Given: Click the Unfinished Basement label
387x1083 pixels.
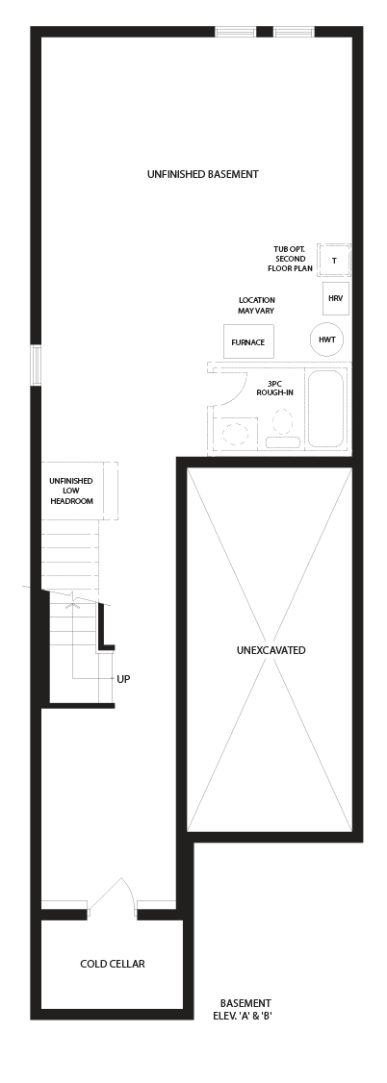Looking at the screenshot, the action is tap(202, 174).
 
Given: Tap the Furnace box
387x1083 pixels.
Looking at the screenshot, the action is tap(248, 341).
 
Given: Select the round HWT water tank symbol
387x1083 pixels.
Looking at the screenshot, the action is tap(327, 340).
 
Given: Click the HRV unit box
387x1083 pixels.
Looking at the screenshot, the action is tap(336, 298).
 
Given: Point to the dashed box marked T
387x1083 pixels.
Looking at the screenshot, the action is tap(334, 261).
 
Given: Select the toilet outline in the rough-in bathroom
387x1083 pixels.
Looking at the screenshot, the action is tap(283, 429).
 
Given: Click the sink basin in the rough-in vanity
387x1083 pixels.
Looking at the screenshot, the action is tap(236, 434).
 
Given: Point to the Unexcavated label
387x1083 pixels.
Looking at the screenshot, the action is tap(271, 650).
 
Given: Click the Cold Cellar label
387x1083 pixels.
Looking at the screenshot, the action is tap(113, 964).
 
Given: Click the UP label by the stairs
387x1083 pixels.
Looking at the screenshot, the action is tap(123, 679).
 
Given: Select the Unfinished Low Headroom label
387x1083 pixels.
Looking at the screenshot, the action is tap(71, 491).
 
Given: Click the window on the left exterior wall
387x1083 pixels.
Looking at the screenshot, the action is tap(36, 365).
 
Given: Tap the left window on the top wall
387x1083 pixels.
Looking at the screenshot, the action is tap(236, 32).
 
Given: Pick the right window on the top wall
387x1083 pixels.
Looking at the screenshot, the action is tap(294, 32).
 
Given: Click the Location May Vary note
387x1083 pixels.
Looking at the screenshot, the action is tap(256, 305).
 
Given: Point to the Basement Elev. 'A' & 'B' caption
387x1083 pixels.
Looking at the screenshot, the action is tap(245, 1009).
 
